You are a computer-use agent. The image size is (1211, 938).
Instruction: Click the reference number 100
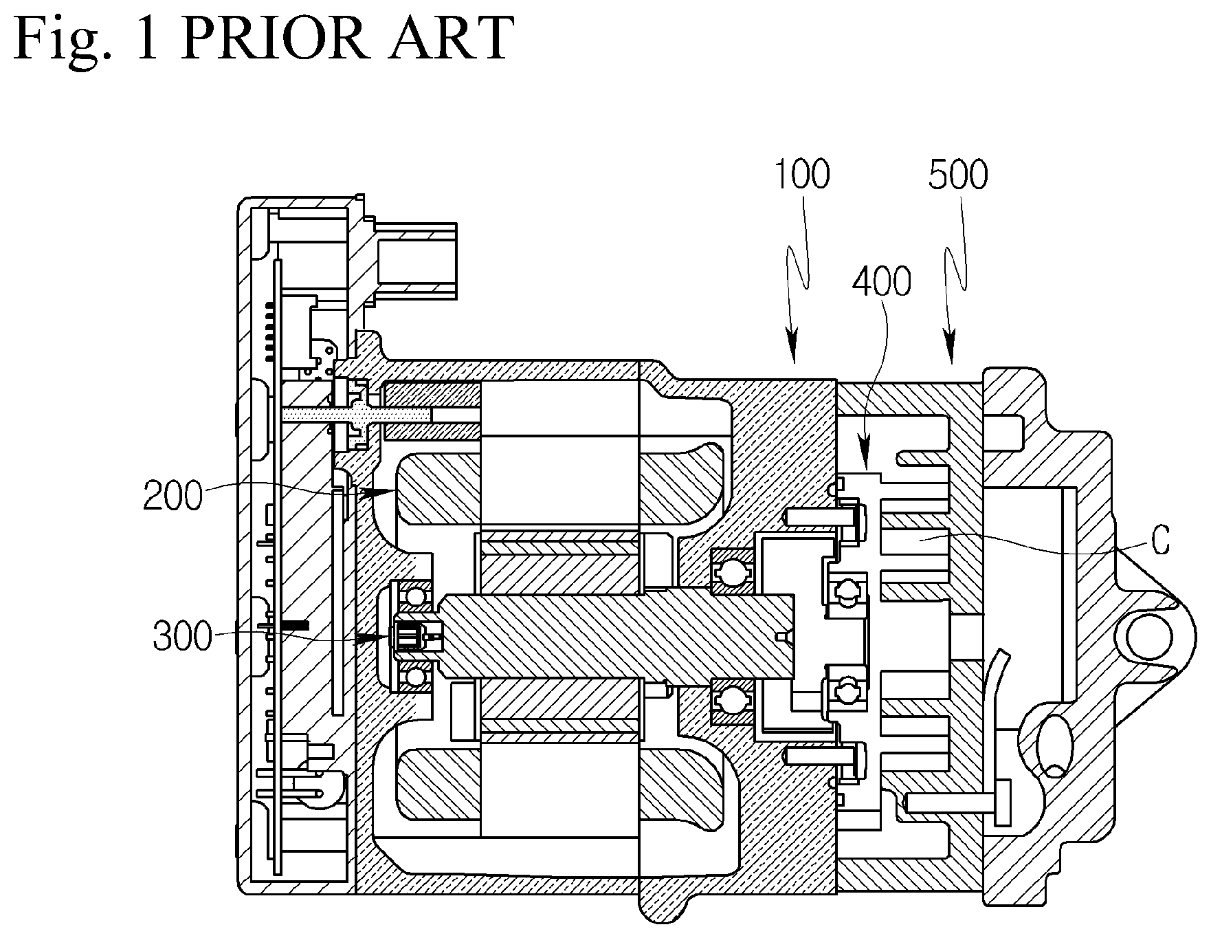tap(802, 175)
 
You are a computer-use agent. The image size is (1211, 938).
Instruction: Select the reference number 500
tap(958, 175)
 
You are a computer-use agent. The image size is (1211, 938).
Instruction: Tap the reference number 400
tap(882, 282)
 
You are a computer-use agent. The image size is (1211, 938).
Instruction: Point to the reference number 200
tap(173, 495)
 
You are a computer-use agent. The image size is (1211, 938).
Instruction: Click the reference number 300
tap(182, 637)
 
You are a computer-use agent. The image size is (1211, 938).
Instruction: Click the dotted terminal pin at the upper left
tap(357, 415)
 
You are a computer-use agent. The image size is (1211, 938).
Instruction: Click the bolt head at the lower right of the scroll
tap(1003, 803)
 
